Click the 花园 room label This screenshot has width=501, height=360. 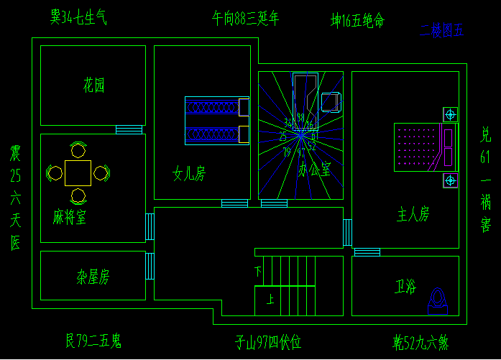[x=93, y=86]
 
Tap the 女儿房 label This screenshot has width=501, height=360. [x=189, y=173]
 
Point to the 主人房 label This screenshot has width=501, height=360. [x=413, y=213]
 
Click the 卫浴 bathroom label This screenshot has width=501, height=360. [x=405, y=287]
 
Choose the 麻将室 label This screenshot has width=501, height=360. [x=70, y=217]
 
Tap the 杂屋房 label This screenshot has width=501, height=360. [x=93, y=276]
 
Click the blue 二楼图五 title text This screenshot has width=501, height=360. [x=442, y=30]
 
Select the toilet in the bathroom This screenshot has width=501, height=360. [x=437, y=301]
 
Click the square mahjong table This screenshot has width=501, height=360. [x=78, y=172]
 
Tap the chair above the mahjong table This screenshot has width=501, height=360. [x=78, y=150]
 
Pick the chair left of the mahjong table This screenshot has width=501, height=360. [x=55, y=172]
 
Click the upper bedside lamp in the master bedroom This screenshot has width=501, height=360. [x=451, y=114]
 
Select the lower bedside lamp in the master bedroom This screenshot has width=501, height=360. [x=451, y=180]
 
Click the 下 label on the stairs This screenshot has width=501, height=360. [x=258, y=271]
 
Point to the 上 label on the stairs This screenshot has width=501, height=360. [x=270, y=300]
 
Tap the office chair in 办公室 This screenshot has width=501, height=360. [x=331, y=102]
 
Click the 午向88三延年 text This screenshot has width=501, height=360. [x=245, y=18]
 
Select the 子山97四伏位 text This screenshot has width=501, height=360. [x=267, y=342]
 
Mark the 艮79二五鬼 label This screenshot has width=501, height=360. [x=93, y=340]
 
